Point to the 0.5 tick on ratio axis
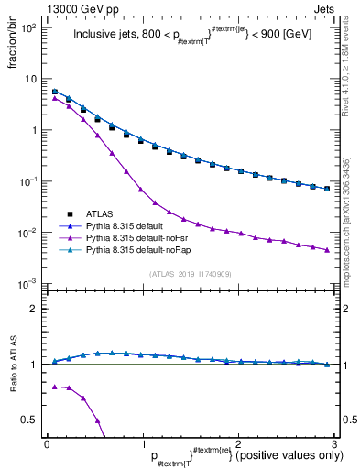point(31,420)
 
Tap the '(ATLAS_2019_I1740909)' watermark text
point(191,274)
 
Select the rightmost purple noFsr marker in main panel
point(326,250)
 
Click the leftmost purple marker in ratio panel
point(55,387)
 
